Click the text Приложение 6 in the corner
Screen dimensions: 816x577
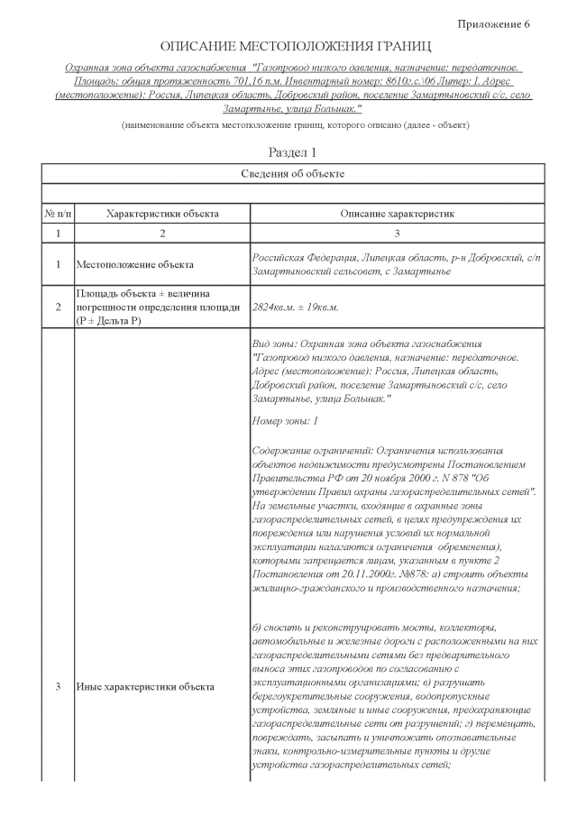(494, 23)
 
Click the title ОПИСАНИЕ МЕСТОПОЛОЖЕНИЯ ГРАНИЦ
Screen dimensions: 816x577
(296, 46)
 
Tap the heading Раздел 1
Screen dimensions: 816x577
(294, 152)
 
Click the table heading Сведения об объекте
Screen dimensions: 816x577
(294, 173)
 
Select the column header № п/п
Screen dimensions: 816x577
(59, 214)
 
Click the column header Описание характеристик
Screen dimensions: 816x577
(396, 214)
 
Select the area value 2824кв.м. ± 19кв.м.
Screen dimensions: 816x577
(296, 307)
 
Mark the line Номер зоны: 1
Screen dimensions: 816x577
(285, 421)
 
